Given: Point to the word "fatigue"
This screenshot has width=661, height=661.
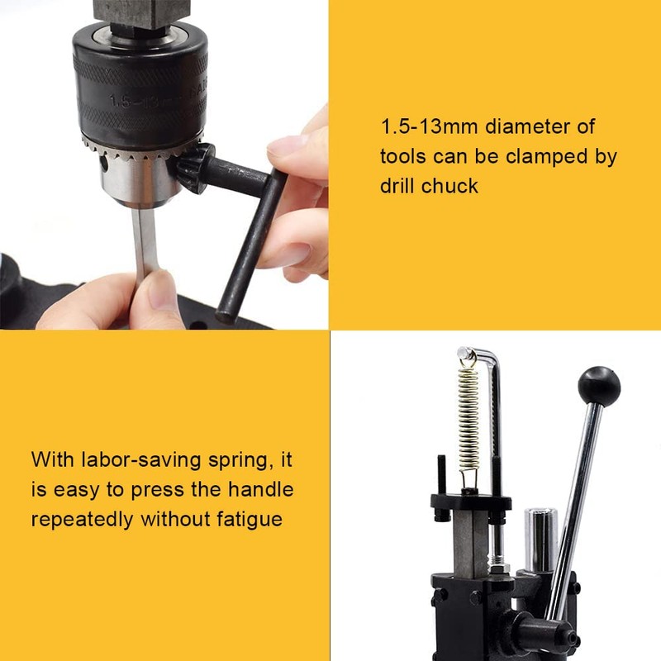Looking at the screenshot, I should (245, 520).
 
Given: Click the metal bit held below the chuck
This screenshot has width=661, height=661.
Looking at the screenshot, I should (145, 240).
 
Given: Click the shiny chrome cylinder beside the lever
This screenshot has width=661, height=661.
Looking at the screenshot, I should (541, 537).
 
